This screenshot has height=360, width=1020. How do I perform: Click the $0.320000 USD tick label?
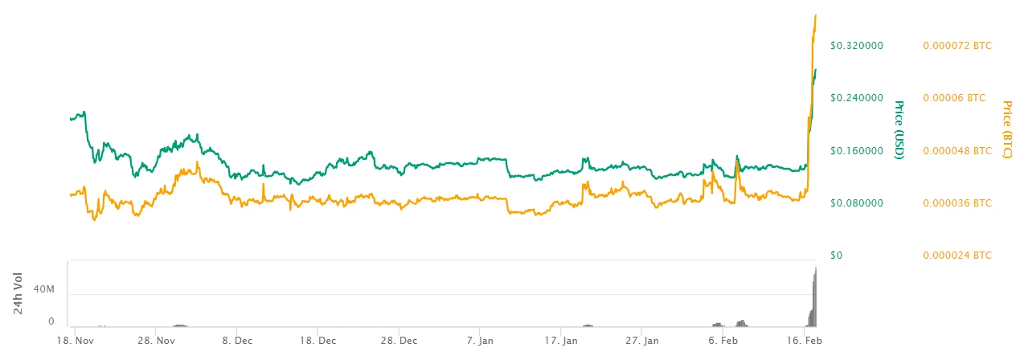tap(857, 46)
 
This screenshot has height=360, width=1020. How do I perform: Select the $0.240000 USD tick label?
tap(857, 98)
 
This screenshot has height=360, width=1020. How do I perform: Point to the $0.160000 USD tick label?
tap(857, 150)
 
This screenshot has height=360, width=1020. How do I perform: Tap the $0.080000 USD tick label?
tap(857, 203)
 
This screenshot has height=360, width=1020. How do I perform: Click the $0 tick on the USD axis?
tap(836, 256)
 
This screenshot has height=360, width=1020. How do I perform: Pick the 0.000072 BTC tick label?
tap(956, 46)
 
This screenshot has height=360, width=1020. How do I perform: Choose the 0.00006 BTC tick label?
tap(952, 98)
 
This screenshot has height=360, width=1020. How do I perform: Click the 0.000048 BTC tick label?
tap(956, 150)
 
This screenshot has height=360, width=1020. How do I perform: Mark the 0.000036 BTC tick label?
tap(956, 203)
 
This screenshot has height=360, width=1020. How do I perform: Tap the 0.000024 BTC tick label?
tap(956, 256)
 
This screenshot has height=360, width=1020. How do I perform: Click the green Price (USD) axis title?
tap(899, 129)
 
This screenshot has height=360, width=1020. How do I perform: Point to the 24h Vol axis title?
tap(18, 297)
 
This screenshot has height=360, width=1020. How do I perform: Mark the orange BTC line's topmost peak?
tap(817, 14)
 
